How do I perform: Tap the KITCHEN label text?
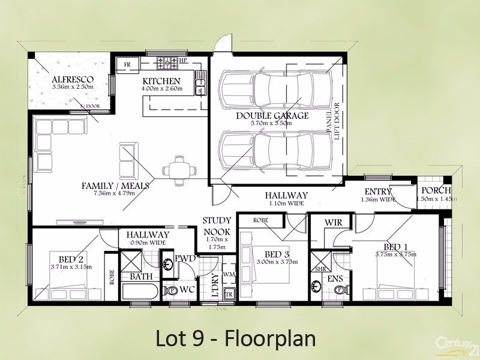click(x=161, y=82)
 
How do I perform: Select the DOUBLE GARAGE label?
click(x=272, y=115)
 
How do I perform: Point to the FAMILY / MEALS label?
click(x=115, y=186)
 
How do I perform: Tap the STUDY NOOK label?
click(x=217, y=226)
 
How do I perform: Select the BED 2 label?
click(x=71, y=259)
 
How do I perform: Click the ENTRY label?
click(x=377, y=192)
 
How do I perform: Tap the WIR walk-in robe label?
click(x=334, y=223)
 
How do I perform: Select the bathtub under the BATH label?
click(x=139, y=293)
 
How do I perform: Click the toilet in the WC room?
click(x=172, y=291)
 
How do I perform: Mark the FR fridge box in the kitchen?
click(x=127, y=64)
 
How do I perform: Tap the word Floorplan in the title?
click(x=271, y=338)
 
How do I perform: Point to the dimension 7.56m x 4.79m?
click(x=115, y=194)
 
